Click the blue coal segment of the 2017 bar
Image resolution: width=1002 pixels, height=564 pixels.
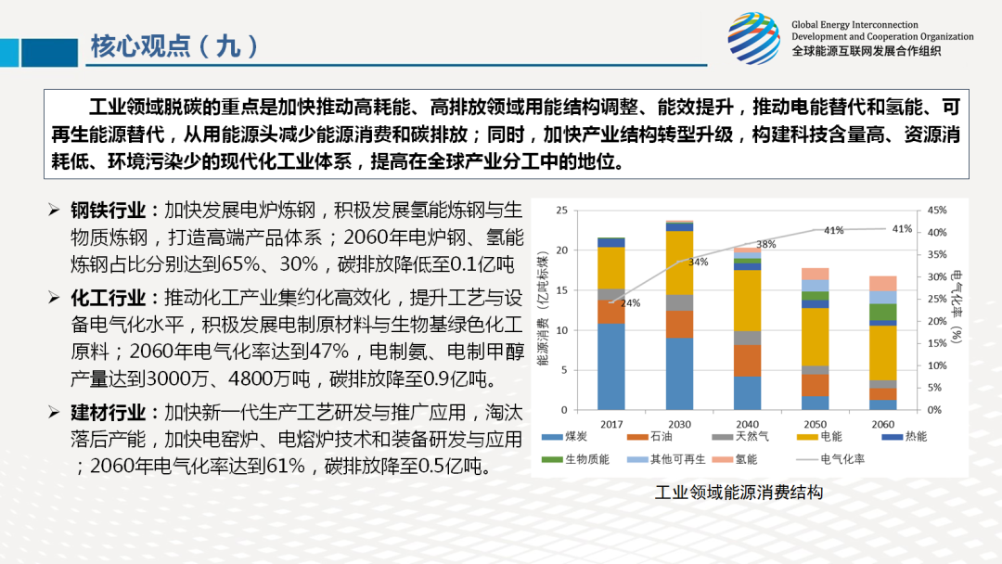coord(610,366)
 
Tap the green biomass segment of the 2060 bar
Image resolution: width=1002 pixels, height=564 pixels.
coord(883,312)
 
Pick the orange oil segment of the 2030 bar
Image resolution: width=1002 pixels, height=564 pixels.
coord(679,324)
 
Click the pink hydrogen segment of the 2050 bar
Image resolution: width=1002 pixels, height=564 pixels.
coord(816,274)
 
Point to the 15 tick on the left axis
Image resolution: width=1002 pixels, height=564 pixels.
coord(560,290)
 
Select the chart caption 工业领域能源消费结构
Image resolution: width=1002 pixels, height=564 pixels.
coord(739,492)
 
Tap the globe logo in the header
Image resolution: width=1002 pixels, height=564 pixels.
coord(753,38)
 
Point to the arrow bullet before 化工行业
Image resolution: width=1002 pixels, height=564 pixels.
coord(54,299)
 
